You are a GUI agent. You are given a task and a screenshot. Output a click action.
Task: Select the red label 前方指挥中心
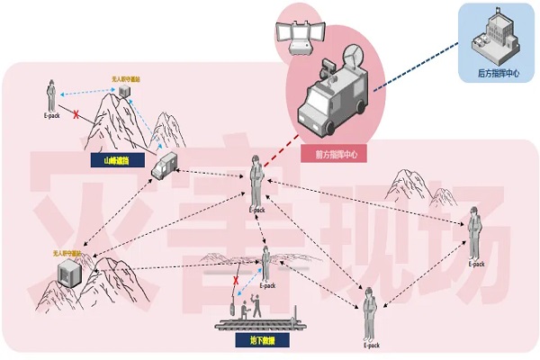[337, 155]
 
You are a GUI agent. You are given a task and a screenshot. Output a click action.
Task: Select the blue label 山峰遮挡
[116, 162]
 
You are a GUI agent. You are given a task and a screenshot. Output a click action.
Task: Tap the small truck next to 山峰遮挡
[164, 166]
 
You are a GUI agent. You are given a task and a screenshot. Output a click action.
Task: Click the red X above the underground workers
[237, 281]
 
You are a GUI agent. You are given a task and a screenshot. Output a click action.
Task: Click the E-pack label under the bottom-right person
[372, 345]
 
